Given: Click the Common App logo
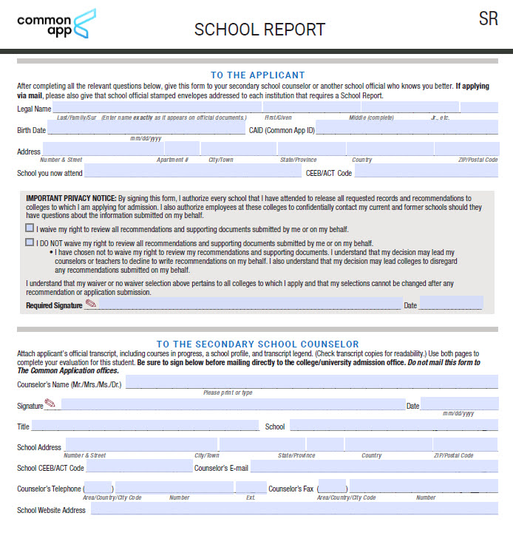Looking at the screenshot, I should (x=56, y=25).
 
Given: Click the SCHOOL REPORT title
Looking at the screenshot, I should (x=259, y=30).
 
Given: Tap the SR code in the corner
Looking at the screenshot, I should (x=488, y=19).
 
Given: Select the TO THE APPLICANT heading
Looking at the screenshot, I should (x=257, y=75).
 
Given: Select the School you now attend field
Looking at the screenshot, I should (x=192, y=172).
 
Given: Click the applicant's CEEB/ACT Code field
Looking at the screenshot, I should (x=426, y=172).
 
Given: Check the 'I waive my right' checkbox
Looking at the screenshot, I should (x=30, y=229).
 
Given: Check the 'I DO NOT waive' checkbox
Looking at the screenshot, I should (x=30, y=242).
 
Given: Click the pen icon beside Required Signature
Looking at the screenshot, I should (x=91, y=304).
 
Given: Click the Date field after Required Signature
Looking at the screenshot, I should (x=451, y=304).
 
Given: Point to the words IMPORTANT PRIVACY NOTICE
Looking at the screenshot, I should (x=71, y=198).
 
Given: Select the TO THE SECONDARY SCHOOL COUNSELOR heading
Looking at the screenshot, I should (x=257, y=344).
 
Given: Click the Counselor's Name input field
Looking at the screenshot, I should (x=311, y=382).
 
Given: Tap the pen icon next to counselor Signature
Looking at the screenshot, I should (x=50, y=404).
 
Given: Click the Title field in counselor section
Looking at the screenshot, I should (x=145, y=426).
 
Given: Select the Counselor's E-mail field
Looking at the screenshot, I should (x=374, y=466).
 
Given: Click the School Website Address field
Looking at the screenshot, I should (x=293, y=509).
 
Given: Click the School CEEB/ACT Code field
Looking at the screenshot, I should (x=139, y=466).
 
